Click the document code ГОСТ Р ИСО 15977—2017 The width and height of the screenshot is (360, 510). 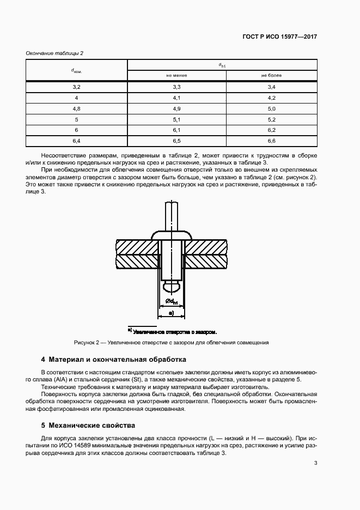[279, 37]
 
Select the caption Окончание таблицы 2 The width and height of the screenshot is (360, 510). [54, 53]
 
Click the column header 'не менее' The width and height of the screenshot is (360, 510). [176, 75]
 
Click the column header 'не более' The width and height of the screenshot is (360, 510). [271, 75]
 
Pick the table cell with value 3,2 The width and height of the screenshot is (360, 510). [76, 87]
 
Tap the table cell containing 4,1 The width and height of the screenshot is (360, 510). [176, 98]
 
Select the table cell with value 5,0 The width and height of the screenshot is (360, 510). [271, 109]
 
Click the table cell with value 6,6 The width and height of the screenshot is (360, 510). [271, 141]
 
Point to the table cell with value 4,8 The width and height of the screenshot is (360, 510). [76, 109]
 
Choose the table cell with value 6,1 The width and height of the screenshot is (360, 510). [176, 130]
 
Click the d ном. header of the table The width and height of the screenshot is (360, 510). [76, 70]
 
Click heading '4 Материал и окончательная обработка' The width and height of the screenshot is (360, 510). [114, 360]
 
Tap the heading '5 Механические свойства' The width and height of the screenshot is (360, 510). [88, 425]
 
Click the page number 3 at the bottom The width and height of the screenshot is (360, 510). [315, 464]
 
